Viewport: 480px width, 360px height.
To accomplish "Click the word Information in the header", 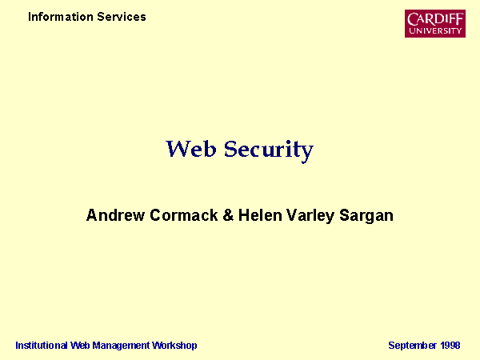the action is pyautogui.click(x=61, y=17).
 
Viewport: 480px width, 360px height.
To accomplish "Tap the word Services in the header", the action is pyautogui.click(x=122, y=17).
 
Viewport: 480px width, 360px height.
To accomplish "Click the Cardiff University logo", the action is pyautogui.click(x=435, y=23).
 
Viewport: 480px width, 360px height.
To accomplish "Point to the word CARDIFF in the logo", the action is pyautogui.click(x=435, y=19).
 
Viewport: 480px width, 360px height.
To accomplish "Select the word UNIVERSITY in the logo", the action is pyautogui.click(x=435, y=30).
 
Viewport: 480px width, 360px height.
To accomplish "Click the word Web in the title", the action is pyautogui.click(x=191, y=149).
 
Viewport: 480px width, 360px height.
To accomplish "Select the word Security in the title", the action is pyautogui.click(x=269, y=151).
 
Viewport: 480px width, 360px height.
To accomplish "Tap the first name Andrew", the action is pyautogui.click(x=115, y=215).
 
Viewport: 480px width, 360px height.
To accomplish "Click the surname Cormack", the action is pyautogui.click(x=184, y=215).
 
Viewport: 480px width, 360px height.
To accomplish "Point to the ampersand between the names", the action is pyautogui.click(x=228, y=215).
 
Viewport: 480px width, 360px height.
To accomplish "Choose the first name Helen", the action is pyautogui.click(x=260, y=215).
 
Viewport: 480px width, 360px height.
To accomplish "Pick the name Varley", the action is pyautogui.click(x=310, y=216).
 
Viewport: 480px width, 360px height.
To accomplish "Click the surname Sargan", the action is pyautogui.click(x=366, y=216).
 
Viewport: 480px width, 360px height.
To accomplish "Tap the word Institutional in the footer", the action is pyautogui.click(x=42, y=346).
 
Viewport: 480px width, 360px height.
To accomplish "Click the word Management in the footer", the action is pyautogui.click(x=121, y=346).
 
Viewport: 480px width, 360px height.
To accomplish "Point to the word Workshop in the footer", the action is pyautogui.click(x=174, y=346).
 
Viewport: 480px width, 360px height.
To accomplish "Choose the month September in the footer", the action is pyautogui.click(x=412, y=346).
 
